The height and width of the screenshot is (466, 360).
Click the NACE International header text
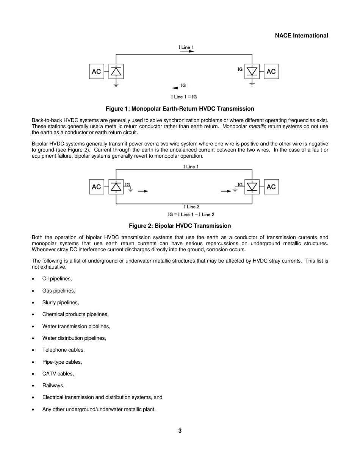(301, 36)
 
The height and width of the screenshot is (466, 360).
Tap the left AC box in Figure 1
(97, 72)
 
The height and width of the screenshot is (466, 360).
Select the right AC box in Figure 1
(271, 72)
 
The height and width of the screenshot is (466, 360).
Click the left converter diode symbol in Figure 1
(116, 71)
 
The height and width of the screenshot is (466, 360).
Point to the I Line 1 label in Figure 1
(186, 47)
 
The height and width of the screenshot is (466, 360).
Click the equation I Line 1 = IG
(184, 97)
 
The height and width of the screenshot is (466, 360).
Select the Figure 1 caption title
(180, 109)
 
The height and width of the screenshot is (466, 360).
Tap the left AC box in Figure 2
(97, 187)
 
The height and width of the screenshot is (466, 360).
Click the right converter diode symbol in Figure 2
(252, 187)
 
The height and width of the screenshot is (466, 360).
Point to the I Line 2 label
(191, 207)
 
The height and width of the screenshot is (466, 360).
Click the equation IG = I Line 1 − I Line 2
(191, 214)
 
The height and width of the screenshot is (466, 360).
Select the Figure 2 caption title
(180, 226)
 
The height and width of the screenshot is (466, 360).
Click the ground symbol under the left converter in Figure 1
(116, 85)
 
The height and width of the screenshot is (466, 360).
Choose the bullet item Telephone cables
(63, 350)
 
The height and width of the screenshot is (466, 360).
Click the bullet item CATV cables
(58, 374)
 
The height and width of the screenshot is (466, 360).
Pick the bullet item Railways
(53, 386)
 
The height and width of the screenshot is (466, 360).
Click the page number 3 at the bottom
(180, 431)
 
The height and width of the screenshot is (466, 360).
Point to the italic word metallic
(257, 127)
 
